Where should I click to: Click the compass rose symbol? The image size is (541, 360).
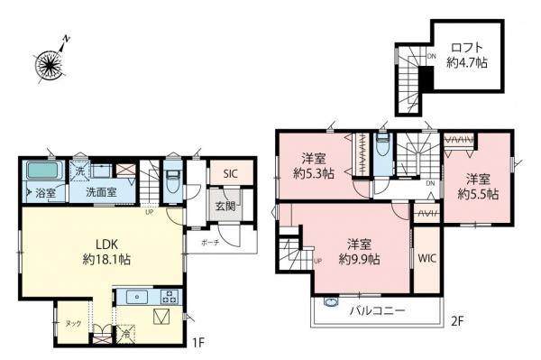pos(50,62)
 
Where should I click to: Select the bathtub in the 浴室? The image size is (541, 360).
pos(41,171)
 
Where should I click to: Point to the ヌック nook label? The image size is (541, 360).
pos(71,323)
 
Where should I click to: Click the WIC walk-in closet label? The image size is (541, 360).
pos(427,256)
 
